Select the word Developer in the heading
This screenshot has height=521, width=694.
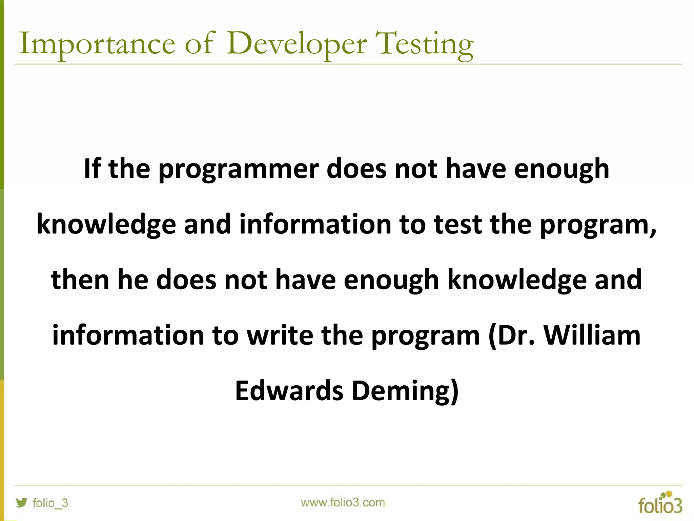click(x=296, y=44)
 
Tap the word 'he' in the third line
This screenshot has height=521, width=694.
click(x=133, y=280)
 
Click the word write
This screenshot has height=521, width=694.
click(x=280, y=335)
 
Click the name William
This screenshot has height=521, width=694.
click(x=592, y=335)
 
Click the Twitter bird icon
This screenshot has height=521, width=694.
click(x=21, y=502)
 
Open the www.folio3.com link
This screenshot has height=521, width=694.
click(x=343, y=502)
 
